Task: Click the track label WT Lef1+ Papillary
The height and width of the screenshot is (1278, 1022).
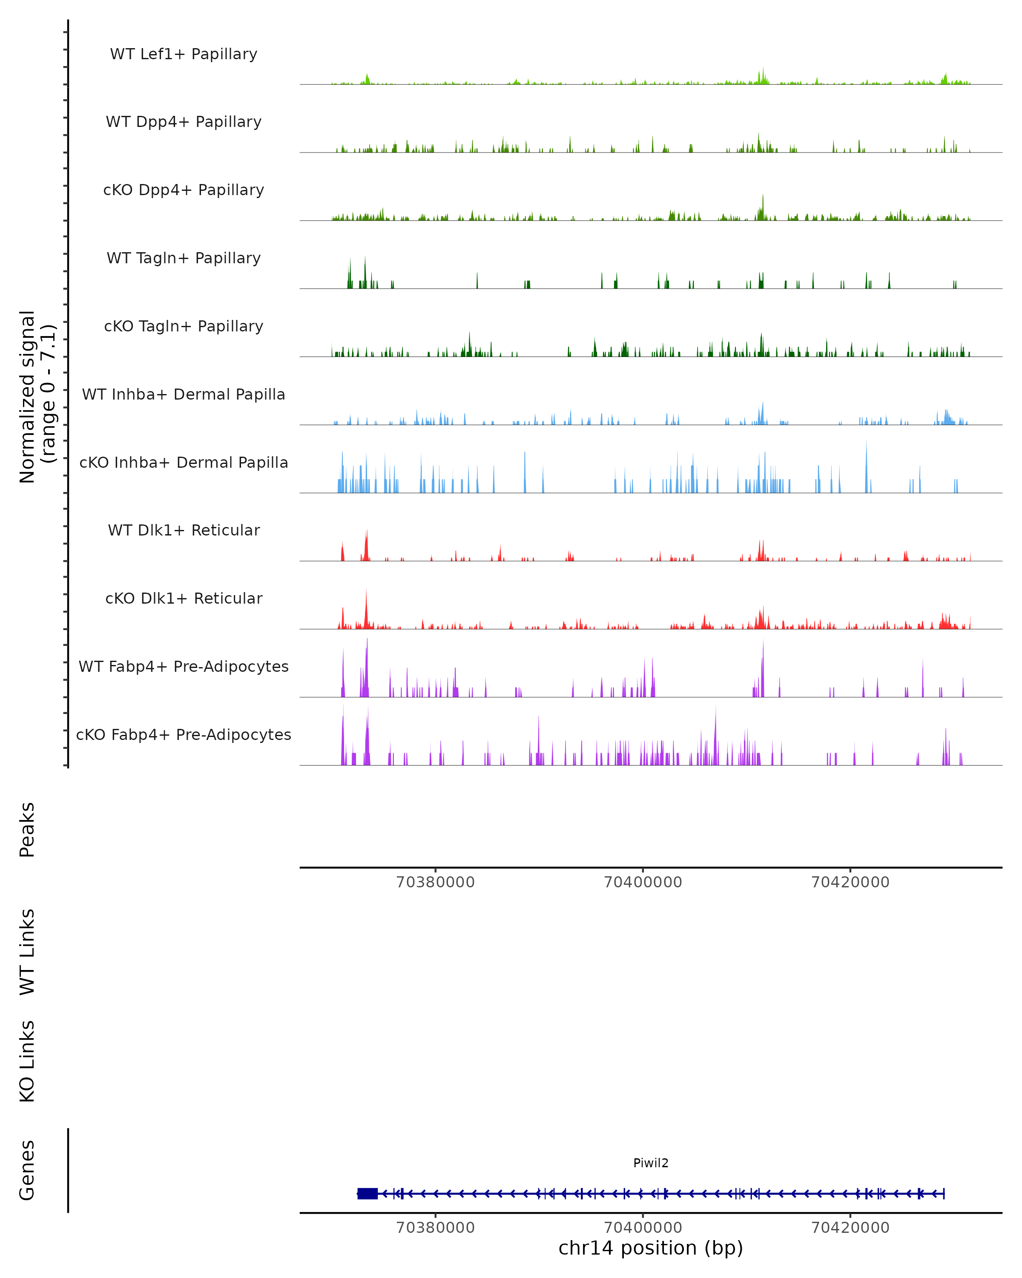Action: [x=184, y=54]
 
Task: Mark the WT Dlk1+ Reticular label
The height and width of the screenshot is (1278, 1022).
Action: [x=184, y=530]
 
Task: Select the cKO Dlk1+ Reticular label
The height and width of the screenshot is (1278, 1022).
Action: [x=184, y=598]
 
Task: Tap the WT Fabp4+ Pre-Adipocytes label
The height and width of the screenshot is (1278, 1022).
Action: [x=184, y=666]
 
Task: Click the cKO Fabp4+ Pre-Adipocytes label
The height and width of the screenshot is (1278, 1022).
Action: [x=184, y=734]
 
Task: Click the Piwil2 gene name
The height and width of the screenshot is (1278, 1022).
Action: [x=651, y=1163]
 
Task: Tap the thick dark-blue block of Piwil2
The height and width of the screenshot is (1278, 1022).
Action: [x=367, y=1193]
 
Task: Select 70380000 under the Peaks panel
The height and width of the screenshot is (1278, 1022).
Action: [x=436, y=882]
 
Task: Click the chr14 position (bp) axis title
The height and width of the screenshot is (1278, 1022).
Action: [x=651, y=1248]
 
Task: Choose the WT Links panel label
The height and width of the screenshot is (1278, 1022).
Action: [x=27, y=951]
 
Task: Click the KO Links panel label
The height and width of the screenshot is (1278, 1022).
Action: [x=27, y=1061]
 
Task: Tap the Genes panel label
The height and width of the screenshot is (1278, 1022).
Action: [x=27, y=1170]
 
